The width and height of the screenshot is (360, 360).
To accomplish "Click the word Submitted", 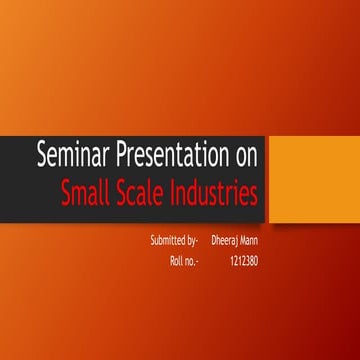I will tap(166, 241).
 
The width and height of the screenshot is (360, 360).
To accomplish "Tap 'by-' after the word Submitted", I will tap(192, 242).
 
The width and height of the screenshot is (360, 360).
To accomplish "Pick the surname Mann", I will tap(259, 241).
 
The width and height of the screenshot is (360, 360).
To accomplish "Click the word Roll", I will tap(179, 263).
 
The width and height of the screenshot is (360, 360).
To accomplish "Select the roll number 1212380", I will tap(245, 263).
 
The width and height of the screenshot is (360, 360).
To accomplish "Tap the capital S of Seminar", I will tap(42, 156).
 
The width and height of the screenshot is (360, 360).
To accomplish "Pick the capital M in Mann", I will tap(249, 241).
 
